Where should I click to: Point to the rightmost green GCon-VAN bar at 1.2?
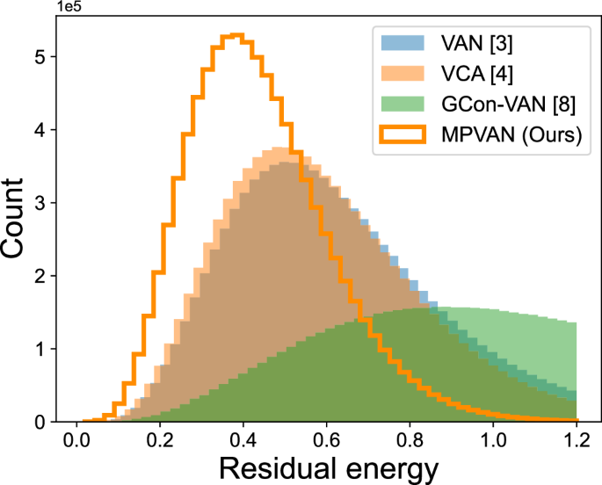[x=572, y=369]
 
